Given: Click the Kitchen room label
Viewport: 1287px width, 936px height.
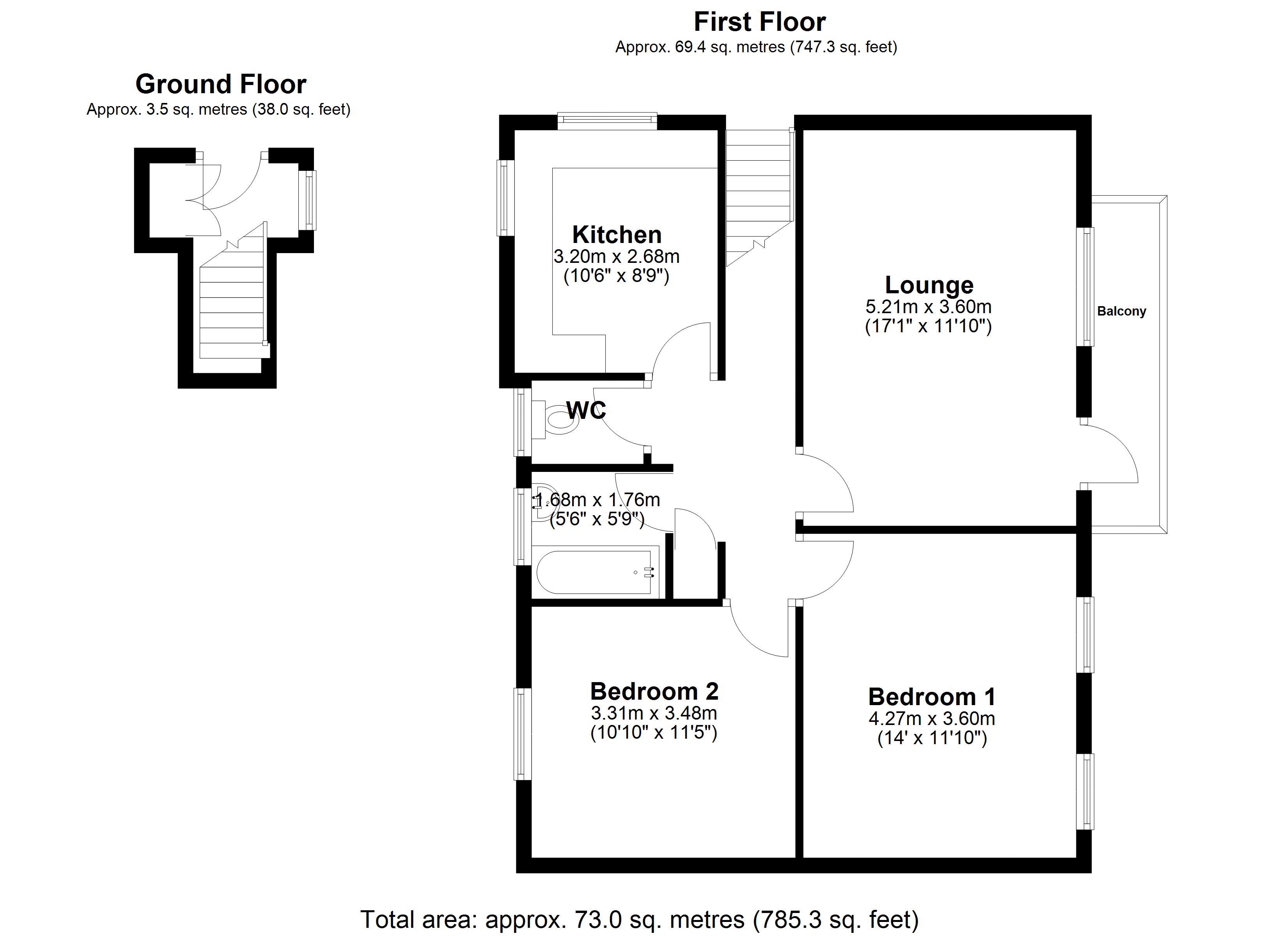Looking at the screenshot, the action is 617,234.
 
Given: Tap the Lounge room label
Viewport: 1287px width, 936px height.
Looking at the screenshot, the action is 929,285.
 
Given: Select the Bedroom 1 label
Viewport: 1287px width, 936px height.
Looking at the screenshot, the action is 932,697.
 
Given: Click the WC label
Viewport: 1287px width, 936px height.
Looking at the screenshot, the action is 586,410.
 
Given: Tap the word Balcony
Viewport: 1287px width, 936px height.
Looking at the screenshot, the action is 1121,311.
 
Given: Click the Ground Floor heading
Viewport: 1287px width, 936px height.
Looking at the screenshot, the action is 221,84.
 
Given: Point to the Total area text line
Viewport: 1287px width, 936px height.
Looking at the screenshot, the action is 640,919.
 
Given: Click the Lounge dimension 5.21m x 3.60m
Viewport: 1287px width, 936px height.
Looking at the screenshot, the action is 928,307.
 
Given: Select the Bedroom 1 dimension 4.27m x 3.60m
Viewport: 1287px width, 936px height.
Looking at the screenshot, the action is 932,719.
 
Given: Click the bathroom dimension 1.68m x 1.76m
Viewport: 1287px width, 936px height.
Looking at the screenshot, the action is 597,500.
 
